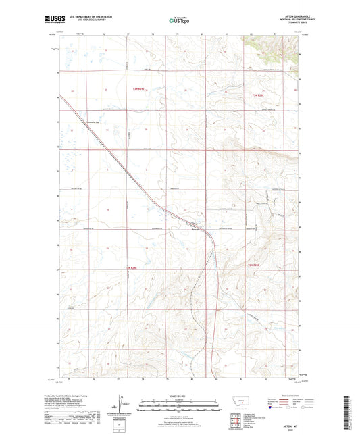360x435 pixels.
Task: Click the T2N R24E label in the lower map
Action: pyautogui.click(x=134, y=270)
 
